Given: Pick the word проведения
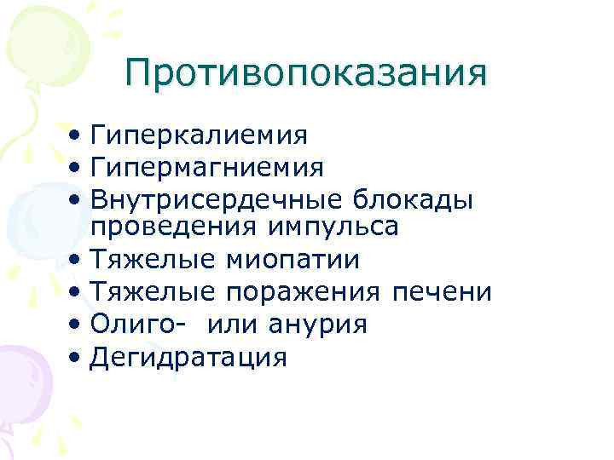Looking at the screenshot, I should [x=178, y=227].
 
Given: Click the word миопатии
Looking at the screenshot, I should [x=290, y=259].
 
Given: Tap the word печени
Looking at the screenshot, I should [x=442, y=291].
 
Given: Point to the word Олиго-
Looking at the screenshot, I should [x=135, y=324].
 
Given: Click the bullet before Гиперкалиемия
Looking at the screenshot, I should [x=78, y=135].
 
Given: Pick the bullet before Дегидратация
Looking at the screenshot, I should [x=78, y=356].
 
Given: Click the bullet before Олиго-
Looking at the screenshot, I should [x=78, y=324].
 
